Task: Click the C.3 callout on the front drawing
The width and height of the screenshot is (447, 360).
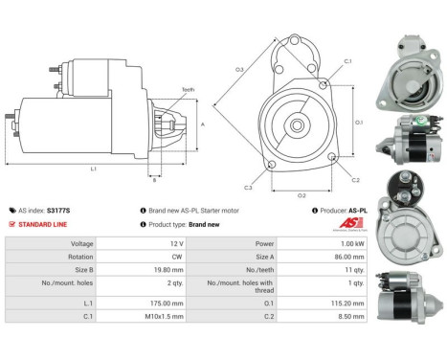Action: tap(248, 188)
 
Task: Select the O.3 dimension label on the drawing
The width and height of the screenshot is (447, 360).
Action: tap(239, 69)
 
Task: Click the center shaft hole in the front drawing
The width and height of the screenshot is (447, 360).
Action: tap(298, 125)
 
